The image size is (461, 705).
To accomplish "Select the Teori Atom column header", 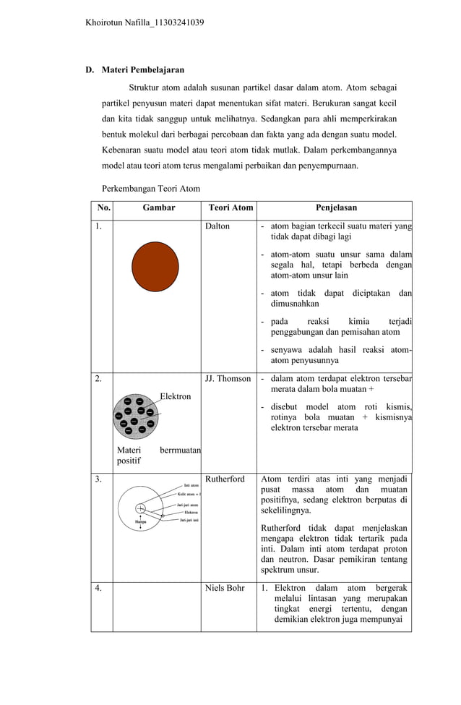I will pos(231,208).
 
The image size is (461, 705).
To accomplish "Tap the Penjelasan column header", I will pos(336,208).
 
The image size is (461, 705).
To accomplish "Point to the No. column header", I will pos(104,208).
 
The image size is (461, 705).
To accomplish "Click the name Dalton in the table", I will pos(217,226).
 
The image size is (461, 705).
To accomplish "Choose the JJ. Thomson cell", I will pos(228,378).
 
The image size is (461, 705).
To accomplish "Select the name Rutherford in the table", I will pos(225,479).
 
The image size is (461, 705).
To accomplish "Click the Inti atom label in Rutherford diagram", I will pos(190,485).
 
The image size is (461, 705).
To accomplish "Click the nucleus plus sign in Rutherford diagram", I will pos(140,507).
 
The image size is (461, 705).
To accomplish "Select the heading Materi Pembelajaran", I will pos(142,70).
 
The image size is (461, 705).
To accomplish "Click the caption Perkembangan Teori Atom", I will pos(150,189).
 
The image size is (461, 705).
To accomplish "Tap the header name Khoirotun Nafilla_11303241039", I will pos(145,22).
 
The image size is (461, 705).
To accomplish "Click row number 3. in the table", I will pos(98,479).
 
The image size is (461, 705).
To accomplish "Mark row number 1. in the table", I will pos(98,226).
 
